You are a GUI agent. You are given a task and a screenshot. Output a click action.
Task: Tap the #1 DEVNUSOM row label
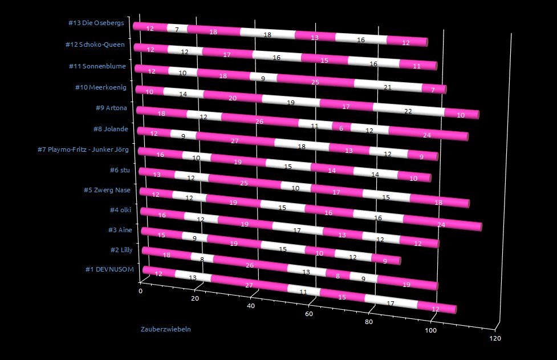click(109, 270)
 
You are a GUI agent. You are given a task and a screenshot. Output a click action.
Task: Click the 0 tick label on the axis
click(141, 291)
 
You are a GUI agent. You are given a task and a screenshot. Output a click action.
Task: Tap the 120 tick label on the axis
click(495, 338)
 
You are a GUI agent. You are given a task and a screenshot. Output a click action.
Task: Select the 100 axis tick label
click(431, 330)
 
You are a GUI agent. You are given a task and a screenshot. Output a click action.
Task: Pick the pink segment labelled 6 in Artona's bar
click(341, 128)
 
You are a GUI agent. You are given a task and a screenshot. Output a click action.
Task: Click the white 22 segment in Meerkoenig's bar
click(408, 111)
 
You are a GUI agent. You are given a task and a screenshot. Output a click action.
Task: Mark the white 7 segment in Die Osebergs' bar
click(177, 29)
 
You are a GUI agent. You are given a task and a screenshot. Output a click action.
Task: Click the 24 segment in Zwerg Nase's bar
click(441, 225)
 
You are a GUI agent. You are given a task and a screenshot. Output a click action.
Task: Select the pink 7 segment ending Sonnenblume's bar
click(433, 90)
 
